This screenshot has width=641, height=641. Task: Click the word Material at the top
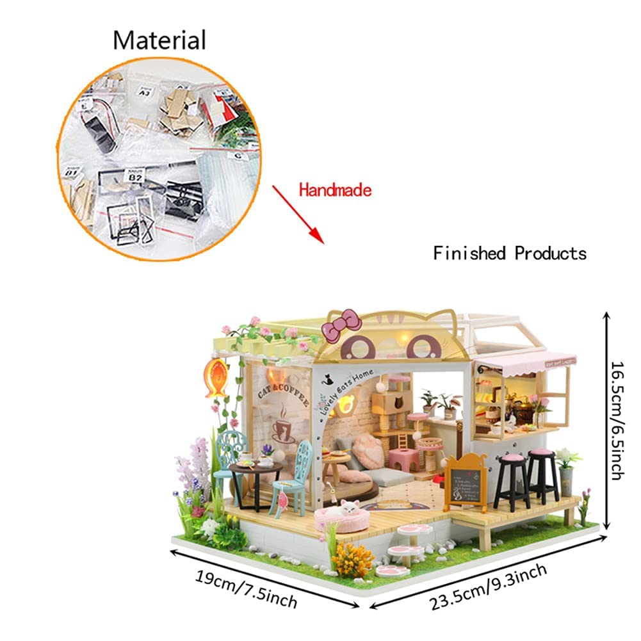coord(159,40)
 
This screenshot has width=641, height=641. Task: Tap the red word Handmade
coord(334,190)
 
